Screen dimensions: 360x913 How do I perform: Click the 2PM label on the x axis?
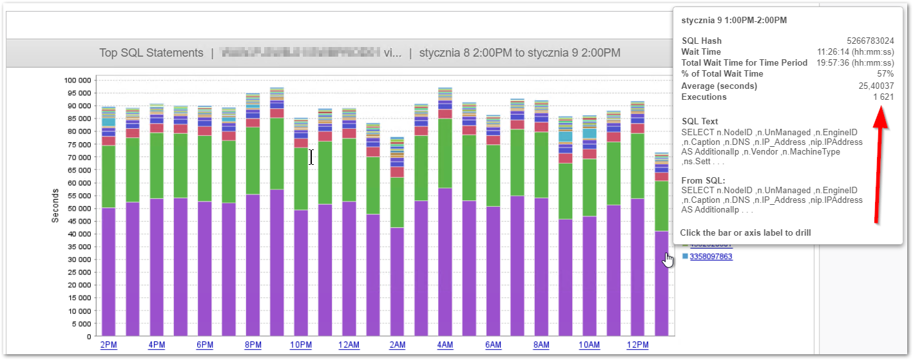(108, 345)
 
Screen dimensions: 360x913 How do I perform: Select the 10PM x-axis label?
(301, 345)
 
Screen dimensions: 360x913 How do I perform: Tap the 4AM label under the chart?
(445, 345)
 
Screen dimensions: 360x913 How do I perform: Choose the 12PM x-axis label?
(637, 345)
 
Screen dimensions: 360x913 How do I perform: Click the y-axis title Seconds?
(55, 205)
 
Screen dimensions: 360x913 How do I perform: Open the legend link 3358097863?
(711, 256)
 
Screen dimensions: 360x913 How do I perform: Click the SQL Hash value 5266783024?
(870, 41)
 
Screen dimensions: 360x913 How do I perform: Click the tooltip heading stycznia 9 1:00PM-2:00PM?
(734, 20)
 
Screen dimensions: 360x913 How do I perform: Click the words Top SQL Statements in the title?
(151, 53)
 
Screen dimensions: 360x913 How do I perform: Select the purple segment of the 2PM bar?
(108, 270)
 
